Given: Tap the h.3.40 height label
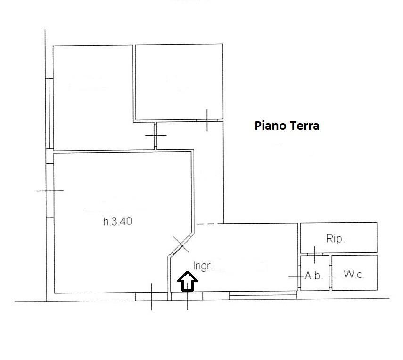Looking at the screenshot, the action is point(117,221).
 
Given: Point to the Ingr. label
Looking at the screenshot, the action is point(203,266).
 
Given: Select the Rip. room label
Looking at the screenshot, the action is point(335,239).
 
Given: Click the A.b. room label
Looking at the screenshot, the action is point(313,276).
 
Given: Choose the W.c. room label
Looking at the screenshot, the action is point(354,275).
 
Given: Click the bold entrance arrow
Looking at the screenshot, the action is point(188,281).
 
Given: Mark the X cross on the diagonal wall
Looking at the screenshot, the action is point(181,244).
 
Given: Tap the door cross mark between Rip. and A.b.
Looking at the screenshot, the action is point(314,254).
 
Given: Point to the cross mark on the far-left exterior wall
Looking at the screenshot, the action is point(50,191).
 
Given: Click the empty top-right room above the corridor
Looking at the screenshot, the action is point(179,82).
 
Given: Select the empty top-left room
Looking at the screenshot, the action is point(93,98).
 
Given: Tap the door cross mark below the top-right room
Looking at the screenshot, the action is point(207,120).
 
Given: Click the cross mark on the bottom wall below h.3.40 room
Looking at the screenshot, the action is point(152,297).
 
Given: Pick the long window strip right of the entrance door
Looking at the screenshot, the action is point(263,295).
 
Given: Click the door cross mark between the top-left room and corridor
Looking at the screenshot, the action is point(156,135).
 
